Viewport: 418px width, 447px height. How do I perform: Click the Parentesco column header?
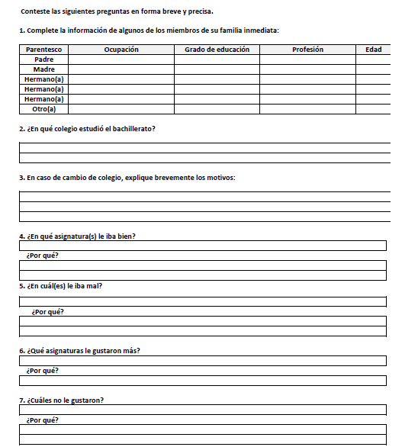coord(43,50)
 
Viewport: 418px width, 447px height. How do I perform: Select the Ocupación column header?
coord(121,50)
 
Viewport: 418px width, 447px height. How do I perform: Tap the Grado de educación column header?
coord(217,50)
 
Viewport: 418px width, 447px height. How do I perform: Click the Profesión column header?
coord(307,50)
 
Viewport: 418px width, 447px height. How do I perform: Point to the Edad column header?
coord(373,50)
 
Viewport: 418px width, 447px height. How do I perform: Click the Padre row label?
coord(43,59)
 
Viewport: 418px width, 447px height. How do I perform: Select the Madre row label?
coord(43,69)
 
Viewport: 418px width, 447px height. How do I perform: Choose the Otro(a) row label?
coord(43,109)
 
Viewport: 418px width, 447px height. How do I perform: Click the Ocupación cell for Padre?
coord(121,59)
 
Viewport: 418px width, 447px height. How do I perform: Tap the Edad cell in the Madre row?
coord(373,69)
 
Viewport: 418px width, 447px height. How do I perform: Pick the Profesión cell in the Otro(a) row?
coord(307,109)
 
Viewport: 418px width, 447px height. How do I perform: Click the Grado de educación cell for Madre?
coord(217,69)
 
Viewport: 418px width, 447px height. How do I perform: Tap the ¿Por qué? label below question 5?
coord(47,311)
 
